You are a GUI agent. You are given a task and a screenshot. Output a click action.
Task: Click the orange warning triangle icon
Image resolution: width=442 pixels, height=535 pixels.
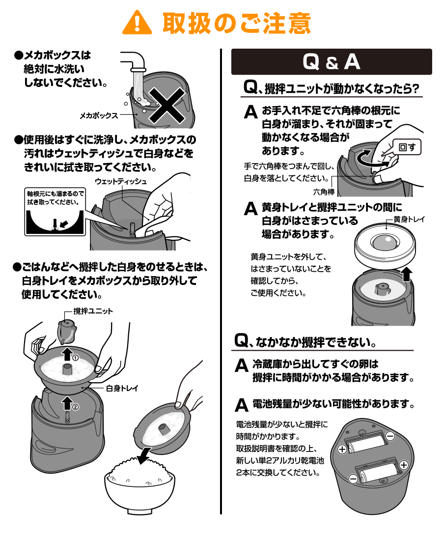point(137,23)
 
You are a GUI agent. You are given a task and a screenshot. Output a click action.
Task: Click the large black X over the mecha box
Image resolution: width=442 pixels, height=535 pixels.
point(167,106)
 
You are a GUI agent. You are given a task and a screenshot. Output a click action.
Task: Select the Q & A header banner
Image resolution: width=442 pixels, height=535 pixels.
point(331,62)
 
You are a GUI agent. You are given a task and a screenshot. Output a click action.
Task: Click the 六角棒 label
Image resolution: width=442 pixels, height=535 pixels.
point(324,192)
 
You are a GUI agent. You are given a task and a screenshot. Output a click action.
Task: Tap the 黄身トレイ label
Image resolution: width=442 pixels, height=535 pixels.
point(409,220)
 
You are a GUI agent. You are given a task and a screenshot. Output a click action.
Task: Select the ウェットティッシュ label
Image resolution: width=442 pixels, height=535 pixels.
point(121,181)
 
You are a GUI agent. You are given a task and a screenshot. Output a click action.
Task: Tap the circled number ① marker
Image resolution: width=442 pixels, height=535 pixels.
point(75,358)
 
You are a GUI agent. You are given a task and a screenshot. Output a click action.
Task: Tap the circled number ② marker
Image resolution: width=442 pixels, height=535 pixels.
point(75,406)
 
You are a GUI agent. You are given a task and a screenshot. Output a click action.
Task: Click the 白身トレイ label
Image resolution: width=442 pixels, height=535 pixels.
point(122,388)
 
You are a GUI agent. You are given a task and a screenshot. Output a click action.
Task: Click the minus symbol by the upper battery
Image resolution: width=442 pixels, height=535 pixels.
point(390,436)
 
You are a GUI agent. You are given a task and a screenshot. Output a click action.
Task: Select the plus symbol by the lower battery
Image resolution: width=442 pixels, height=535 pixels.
point(404,465)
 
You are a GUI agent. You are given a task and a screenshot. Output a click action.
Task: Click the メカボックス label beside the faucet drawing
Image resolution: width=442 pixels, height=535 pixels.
point(99,115)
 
